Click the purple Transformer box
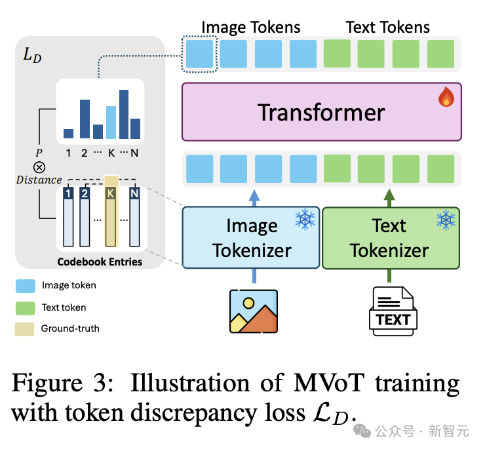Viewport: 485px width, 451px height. pos(321,111)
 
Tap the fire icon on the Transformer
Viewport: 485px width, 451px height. pos(446,98)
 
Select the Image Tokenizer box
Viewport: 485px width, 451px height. pos(250,237)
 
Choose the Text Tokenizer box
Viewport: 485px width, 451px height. pos(391,237)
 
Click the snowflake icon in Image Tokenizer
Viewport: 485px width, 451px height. pos(305,220)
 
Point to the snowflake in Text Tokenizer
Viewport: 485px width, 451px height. pos(446,220)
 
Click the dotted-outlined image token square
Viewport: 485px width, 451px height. pos(199,54)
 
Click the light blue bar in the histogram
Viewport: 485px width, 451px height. pos(111,122)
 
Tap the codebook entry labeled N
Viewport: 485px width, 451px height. pos(134,216)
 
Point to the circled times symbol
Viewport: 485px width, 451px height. pos(39,167)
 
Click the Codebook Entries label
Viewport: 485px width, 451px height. pos(100,262)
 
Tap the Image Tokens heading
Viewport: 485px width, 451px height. pos(250,27)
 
